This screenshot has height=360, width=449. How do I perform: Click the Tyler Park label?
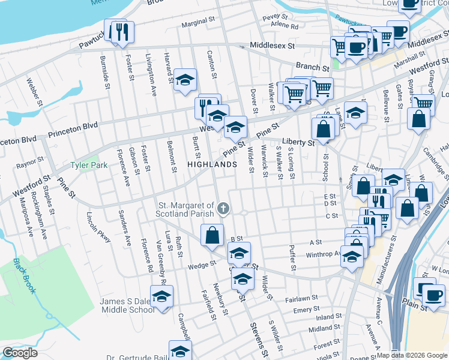coord(88,165)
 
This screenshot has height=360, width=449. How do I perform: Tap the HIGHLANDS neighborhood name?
coord(212,164)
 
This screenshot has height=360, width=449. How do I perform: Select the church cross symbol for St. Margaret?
coord(223,209)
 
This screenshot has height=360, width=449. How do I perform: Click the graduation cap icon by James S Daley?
coord(161,296)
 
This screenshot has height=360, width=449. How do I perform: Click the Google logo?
coord(19,353)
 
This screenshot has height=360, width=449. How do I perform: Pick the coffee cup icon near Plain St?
coord(433,294)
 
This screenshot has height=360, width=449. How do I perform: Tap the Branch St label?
coord(312,67)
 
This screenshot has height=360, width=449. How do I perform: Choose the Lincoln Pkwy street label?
coord(99,228)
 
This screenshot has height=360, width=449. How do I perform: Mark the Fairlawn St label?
coord(301,298)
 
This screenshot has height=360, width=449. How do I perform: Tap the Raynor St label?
coord(30,162)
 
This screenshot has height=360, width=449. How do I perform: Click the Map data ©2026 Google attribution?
coord(412,354)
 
